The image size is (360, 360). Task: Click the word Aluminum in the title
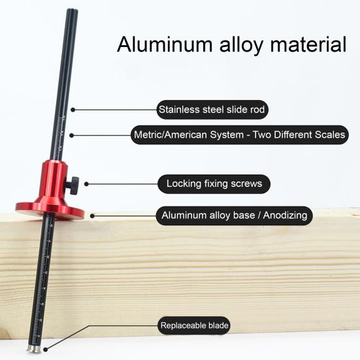click(x=165, y=44)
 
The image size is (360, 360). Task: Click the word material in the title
click(x=308, y=44)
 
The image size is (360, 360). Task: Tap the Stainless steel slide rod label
click(x=212, y=110)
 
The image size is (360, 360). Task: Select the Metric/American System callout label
click(x=240, y=135)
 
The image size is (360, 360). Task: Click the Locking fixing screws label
click(x=214, y=184)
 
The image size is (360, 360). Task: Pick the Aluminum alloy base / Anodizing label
click(x=234, y=216)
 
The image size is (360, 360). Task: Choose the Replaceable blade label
click(x=194, y=325)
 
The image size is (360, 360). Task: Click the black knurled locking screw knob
click(x=73, y=186)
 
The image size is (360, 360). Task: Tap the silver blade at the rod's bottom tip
click(x=34, y=348)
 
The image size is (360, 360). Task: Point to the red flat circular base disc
click(x=50, y=210)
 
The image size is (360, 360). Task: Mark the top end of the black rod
click(x=73, y=10)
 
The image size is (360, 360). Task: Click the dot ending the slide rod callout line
click(x=73, y=110)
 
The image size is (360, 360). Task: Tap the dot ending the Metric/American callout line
click(x=72, y=135)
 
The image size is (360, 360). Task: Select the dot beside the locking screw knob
click(x=86, y=184)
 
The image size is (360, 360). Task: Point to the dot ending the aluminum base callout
click(x=92, y=216)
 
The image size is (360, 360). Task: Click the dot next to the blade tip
click(x=46, y=350)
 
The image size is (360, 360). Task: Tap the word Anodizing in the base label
click(x=285, y=216)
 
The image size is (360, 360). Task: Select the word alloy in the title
click(x=241, y=45)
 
